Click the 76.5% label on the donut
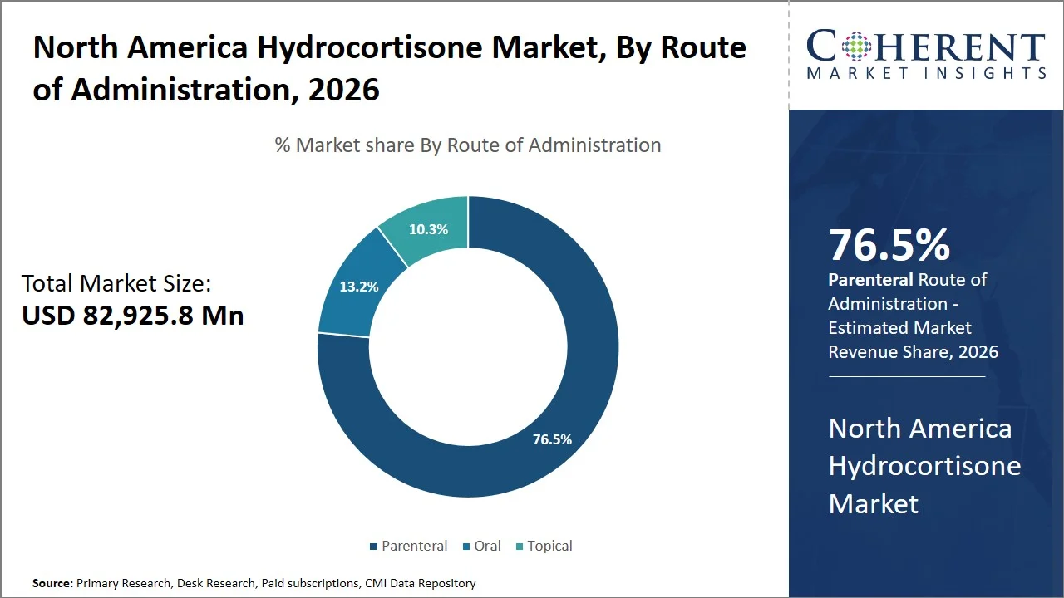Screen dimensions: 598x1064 tap(552, 439)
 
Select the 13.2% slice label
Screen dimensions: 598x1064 tap(359, 287)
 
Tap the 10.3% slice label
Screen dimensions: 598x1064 tap(428, 229)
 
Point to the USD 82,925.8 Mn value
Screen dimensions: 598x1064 tap(133, 316)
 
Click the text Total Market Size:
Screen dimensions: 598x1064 tap(116, 284)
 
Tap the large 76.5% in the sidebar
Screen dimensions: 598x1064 tap(889, 245)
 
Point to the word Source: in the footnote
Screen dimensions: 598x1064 tap(52, 583)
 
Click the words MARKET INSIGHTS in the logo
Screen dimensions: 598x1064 tap(926, 73)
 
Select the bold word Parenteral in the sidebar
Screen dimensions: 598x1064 tap(869, 280)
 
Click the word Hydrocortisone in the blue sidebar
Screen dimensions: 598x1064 tap(924, 465)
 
